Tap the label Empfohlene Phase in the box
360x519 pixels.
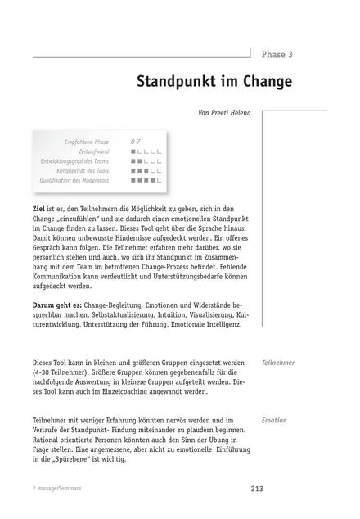(x=87, y=142)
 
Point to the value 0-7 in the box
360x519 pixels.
(x=137, y=142)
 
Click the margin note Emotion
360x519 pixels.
(x=274, y=420)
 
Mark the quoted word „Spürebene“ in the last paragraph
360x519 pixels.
(x=71, y=460)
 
